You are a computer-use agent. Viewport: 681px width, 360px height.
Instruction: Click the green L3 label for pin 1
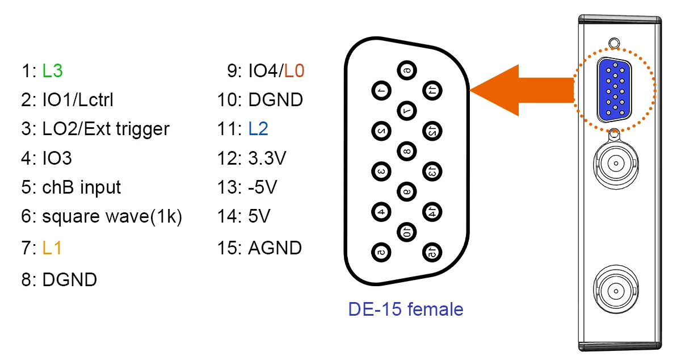(52, 71)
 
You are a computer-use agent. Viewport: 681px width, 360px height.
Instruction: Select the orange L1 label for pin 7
(52, 248)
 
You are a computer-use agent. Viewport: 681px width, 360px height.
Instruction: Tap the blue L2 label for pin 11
(258, 129)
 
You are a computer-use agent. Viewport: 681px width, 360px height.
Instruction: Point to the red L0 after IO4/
(294, 71)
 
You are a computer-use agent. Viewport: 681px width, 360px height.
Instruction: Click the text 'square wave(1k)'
(112, 216)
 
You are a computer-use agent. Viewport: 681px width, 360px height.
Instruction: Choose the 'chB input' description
(81, 187)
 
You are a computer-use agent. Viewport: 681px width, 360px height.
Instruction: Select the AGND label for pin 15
(275, 248)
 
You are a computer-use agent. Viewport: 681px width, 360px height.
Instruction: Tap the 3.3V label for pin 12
(267, 158)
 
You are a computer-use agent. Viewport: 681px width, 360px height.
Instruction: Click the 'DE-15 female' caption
(406, 309)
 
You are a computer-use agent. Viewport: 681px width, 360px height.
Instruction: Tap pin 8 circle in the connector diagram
(406, 150)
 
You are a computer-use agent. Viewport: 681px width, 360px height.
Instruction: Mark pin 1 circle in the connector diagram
(381, 90)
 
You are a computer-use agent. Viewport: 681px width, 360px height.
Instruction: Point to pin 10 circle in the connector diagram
(406, 231)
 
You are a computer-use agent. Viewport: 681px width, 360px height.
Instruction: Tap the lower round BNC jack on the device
(615, 291)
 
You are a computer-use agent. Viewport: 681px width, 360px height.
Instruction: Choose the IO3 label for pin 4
(57, 158)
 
